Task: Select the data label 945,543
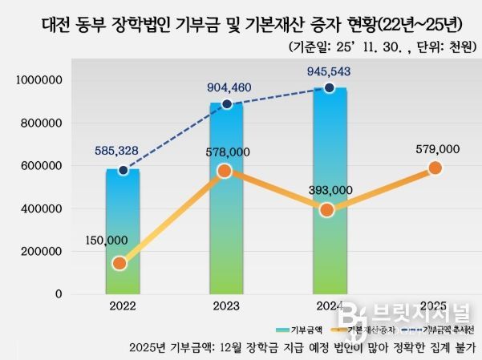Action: tap(329, 71)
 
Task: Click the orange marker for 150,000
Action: tap(119, 263)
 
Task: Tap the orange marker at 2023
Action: tap(225, 171)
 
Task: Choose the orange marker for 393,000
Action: tap(326, 210)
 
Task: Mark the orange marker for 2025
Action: tap(435, 168)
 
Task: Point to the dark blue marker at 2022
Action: tap(123, 170)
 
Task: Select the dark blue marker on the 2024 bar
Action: tap(329, 87)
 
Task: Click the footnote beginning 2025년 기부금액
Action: tap(302, 348)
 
